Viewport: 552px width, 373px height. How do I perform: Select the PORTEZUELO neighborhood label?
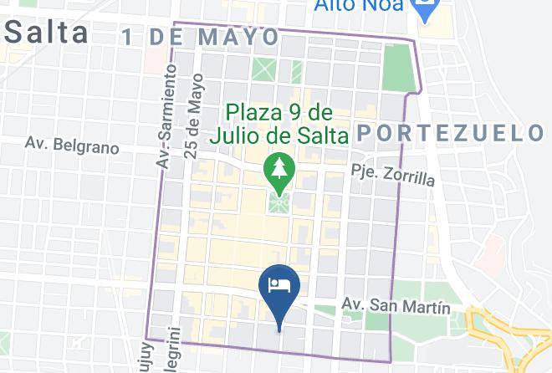point(450,133)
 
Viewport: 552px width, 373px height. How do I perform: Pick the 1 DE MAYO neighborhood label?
point(199,37)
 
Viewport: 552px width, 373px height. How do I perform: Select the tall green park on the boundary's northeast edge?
point(399,66)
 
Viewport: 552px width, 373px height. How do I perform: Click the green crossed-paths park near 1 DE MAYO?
point(266,68)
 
